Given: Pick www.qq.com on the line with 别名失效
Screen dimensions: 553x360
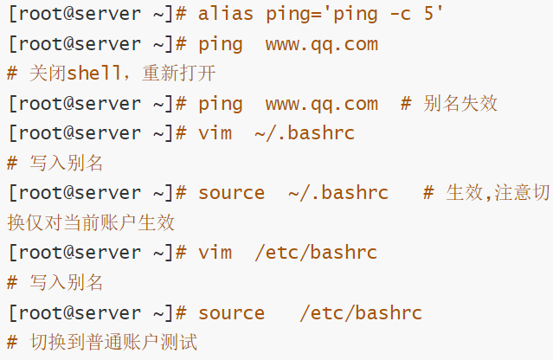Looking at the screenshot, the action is coord(322,104).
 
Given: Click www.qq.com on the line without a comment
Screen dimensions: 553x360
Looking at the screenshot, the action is coord(322,43).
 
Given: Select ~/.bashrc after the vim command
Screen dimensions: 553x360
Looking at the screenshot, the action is coord(305,133).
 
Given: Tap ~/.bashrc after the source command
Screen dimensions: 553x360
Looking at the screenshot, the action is coord(338,193).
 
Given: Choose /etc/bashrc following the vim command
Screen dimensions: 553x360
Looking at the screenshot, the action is coord(316,253).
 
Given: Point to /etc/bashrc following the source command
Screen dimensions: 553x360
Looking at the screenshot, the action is coord(361,312).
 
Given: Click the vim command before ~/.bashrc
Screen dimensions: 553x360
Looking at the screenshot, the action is coord(215,133).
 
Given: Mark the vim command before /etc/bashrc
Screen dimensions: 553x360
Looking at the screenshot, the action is coord(215,253).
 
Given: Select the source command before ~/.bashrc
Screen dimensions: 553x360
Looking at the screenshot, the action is coord(231,193).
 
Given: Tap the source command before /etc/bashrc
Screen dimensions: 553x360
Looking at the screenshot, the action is coord(231,312).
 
